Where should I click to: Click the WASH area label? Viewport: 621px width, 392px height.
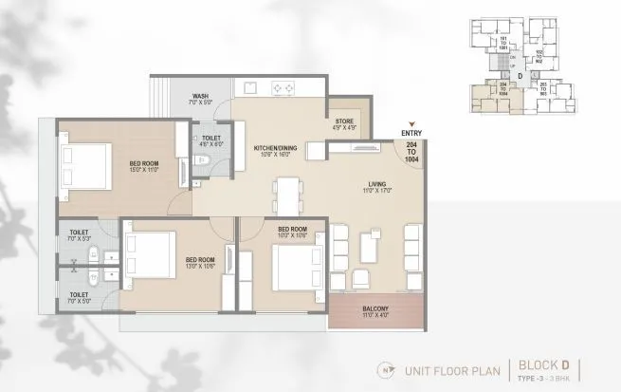pyautogui.click(x=200, y=96)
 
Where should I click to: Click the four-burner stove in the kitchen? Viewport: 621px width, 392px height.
pyautogui.click(x=284, y=88)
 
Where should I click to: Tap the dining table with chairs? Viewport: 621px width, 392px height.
pyautogui.click(x=283, y=195)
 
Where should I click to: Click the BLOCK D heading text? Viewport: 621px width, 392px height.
pyautogui.click(x=542, y=363)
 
